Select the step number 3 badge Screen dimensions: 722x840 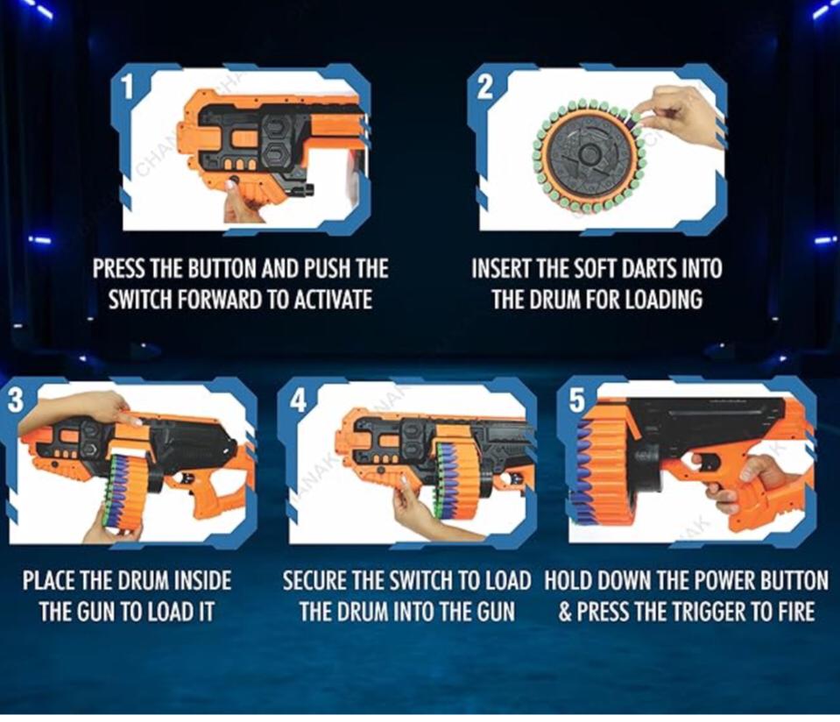tap(16, 400)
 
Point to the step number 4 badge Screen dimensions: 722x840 tap(299, 400)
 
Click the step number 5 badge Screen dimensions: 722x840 tap(576, 400)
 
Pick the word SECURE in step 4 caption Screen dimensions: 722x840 tap(320, 580)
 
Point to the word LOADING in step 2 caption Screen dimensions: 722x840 tap(663, 300)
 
